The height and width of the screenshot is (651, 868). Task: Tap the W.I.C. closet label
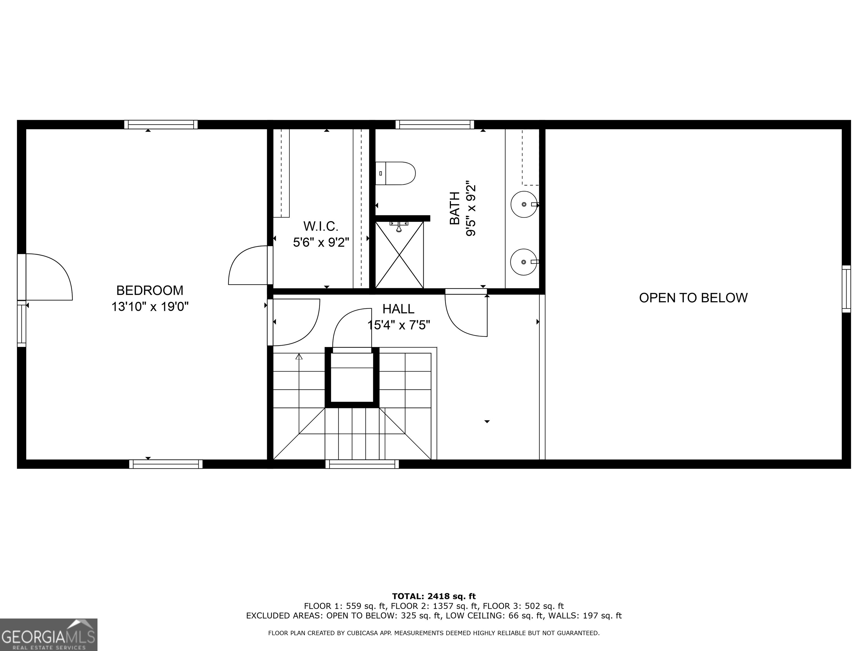(321, 226)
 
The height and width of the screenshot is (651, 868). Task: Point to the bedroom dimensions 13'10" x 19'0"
(150, 307)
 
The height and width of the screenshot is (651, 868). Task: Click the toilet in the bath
(396, 173)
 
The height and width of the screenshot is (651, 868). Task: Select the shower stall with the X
(400, 255)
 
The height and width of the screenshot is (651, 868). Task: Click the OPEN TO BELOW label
(693, 298)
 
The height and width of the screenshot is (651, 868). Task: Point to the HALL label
(398, 309)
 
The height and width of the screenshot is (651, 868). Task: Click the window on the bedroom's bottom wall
(166, 464)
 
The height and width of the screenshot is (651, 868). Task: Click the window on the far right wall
(847, 289)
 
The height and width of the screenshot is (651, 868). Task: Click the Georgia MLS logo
(49, 635)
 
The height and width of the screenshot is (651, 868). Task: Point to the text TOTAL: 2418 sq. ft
(434, 597)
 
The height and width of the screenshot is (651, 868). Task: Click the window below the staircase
(362, 464)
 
